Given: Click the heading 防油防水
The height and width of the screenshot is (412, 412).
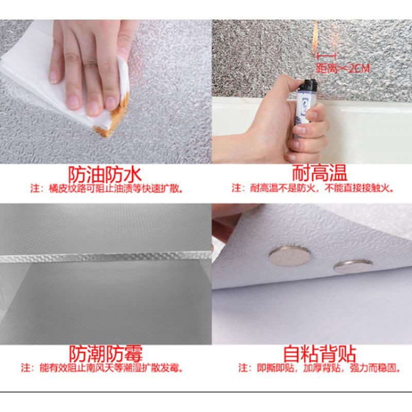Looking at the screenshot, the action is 105,174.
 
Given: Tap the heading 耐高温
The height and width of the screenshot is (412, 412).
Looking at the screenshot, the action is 319,173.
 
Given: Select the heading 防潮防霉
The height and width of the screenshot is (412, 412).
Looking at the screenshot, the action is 106,354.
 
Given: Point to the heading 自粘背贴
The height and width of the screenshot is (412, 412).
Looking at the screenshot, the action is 319,354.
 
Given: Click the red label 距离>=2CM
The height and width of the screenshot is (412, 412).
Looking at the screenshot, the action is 342,68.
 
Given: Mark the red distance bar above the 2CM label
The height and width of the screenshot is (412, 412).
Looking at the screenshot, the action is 327,56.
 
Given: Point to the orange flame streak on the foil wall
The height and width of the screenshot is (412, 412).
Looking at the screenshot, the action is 315,37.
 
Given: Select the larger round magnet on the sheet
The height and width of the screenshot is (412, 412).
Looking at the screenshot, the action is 289,255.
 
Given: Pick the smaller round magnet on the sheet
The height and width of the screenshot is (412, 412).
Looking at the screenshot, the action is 353,266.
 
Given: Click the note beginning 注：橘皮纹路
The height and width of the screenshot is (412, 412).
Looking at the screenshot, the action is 107,188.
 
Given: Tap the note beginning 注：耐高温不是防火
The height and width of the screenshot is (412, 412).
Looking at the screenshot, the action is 313,188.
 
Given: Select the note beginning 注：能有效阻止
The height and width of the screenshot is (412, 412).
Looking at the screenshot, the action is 102,368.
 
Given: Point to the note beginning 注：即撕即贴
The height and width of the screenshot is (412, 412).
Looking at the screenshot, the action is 319,368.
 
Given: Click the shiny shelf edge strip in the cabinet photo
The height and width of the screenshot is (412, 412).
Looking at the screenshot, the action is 106,257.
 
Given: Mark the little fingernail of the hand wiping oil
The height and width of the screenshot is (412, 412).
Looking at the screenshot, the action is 55,76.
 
